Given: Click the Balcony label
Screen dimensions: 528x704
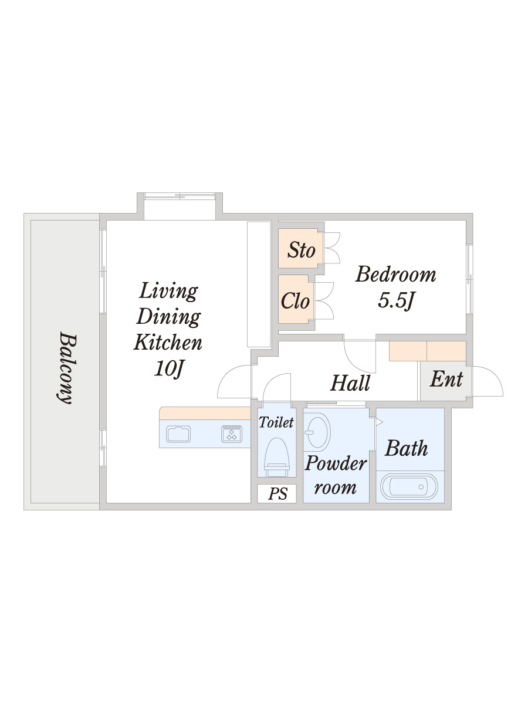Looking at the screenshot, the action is click(x=68, y=368).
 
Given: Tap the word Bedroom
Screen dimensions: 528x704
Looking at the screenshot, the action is click(x=395, y=275).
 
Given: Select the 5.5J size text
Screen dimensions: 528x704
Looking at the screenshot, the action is click(x=396, y=301).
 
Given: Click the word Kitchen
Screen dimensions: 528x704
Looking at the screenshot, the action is click(x=168, y=342).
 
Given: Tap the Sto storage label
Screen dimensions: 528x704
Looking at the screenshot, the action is click(x=301, y=250).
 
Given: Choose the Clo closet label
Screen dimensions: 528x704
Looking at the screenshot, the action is click(x=295, y=301).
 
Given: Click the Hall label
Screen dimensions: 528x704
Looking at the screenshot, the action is click(x=350, y=383).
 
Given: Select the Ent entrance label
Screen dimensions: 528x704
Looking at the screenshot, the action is click(x=446, y=379).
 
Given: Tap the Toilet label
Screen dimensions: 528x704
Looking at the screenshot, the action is click(x=276, y=422).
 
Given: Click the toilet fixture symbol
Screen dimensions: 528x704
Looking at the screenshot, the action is click(x=277, y=456).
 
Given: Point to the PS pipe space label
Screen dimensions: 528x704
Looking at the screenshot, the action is click(x=277, y=493).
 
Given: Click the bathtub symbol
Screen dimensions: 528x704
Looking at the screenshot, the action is click(x=409, y=486).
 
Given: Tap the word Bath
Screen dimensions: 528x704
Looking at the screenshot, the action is click(x=406, y=448).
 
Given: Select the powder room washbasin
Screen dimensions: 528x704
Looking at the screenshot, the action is click(x=317, y=432).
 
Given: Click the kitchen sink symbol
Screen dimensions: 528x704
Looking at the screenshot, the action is click(x=178, y=434).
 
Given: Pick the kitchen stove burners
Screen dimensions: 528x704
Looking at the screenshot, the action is click(x=232, y=434).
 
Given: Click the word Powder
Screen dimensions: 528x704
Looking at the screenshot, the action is click(x=336, y=463).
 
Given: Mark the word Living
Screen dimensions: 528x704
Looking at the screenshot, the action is click(x=168, y=291).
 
